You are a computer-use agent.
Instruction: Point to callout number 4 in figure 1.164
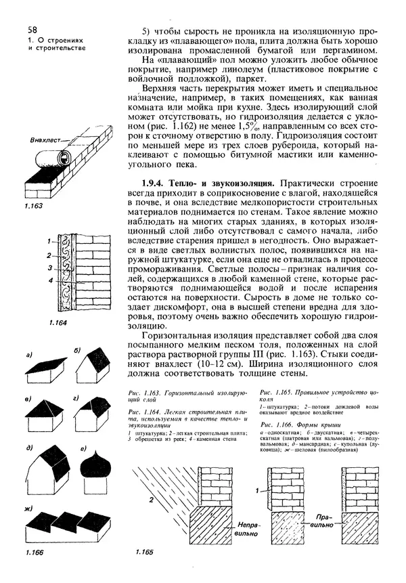tap(41, 280)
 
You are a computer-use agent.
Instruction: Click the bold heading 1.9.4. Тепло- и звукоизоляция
tap(208, 183)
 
